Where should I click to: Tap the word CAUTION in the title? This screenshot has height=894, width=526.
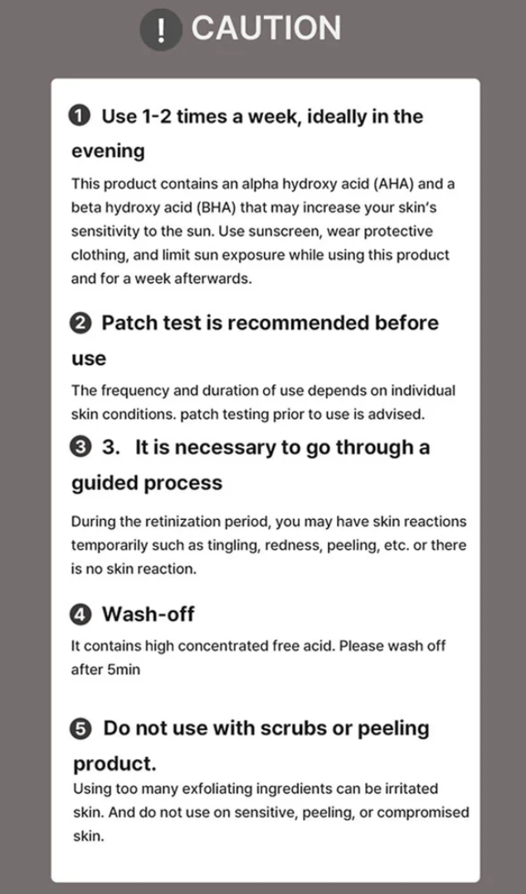click(x=265, y=28)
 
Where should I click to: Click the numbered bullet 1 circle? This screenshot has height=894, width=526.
click(x=80, y=116)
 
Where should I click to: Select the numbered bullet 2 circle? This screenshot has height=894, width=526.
click(x=80, y=323)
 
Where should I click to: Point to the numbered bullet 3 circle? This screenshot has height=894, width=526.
click(x=80, y=448)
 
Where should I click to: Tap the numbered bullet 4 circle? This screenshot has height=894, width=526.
click(x=80, y=615)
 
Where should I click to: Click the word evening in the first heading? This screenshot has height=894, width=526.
click(x=108, y=152)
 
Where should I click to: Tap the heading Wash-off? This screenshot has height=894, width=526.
click(x=149, y=614)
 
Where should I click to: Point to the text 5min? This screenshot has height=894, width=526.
click(x=124, y=669)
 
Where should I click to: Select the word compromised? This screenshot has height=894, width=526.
click(x=423, y=813)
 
